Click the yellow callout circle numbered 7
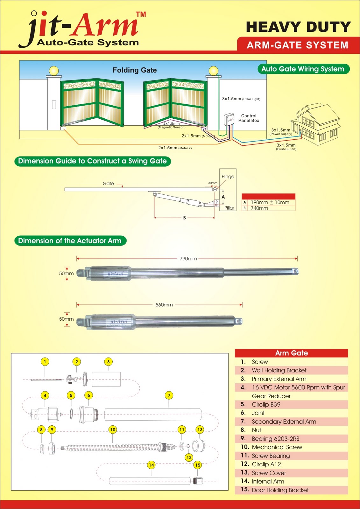pyautogui.click(x=169, y=395)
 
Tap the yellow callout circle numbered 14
pyautogui.click(x=151, y=465)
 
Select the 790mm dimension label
pyautogui.click(x=188, y=259)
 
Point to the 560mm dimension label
pyautogui.click(x=164, y=305)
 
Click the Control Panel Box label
pyautogui.click(x=249, y=118)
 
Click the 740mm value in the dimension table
pyautogui.click(x=259, y=208)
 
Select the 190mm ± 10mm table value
pyautogui.click(x=270, y=202)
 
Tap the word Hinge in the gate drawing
pyautogui.click(x=228, y=177)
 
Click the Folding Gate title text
pyautogui.click(x=135, y=70)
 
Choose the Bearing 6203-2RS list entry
pyautogui.click(x=275, y=439)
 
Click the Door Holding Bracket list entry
pyautogui.click(x=280, y=490)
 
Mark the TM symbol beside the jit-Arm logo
pyautogui.click(x=141, y=14)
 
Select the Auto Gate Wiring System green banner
pyautogui.click(x=303, y=69)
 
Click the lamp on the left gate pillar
pyautogui.click(x=54, y=71)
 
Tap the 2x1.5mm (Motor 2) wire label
pyautogui.click(x=175, y=148)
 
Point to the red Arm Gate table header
pyautogui.click(x=291, y=353)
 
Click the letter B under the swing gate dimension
pyautogui.click(x=184, y=218)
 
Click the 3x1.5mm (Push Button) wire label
pyautogui.click(x=286, y=147)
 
